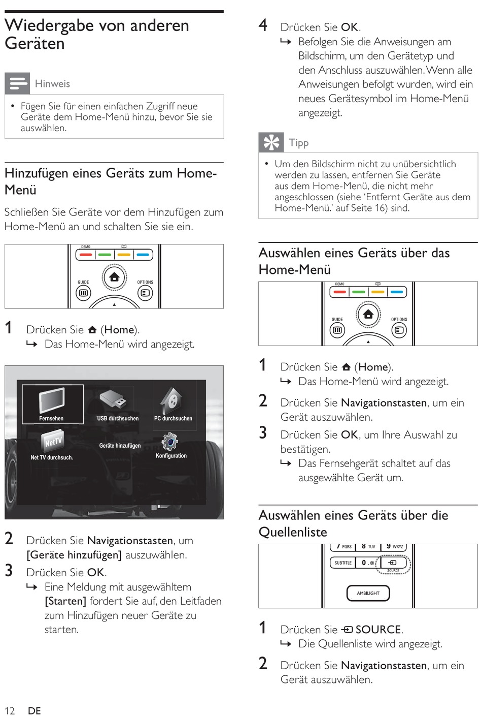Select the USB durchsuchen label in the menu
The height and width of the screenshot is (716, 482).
point(118,418)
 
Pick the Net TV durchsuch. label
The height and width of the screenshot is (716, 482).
point(52,457)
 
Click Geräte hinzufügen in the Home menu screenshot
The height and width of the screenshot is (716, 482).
point(120,446)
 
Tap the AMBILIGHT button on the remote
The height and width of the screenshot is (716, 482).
point(368,593)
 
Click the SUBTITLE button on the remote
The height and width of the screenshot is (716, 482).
point(343,563)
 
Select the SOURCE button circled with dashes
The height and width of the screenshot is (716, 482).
point(393,563)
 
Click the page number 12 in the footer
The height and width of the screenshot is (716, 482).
point(10,710)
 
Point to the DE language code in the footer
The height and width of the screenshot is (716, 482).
point(34,710)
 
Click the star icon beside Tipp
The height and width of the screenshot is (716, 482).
point(271,142)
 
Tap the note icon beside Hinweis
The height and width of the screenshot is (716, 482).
point(17,83)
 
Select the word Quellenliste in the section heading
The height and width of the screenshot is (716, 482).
point(293,532)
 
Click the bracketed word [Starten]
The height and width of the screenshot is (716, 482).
point(65,601)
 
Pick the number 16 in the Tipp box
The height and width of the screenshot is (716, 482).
point(381,207)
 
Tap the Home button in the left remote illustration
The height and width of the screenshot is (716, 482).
point(114,277)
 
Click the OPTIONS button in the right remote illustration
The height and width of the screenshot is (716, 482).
point(399,330)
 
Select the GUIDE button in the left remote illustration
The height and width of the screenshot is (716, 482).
point(83,293)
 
